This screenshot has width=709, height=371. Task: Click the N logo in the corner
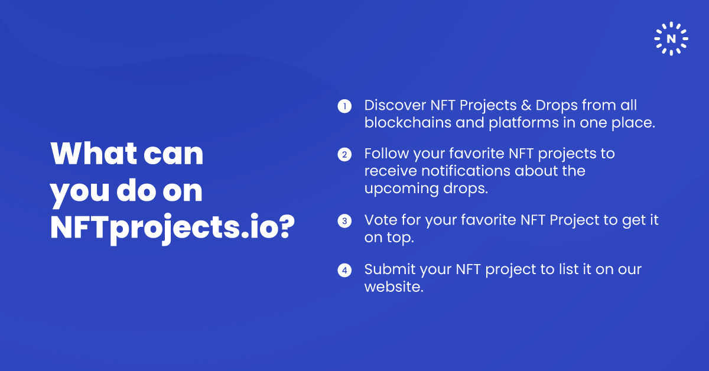point(671,39)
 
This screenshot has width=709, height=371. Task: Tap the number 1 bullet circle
point(344,106)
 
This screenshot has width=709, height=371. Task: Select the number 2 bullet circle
point(344,155)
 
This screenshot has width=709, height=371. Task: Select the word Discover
point(395,106)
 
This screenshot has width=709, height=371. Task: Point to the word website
point(392,287)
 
